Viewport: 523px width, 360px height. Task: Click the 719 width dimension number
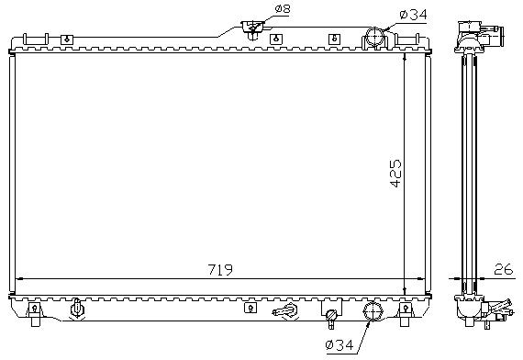(x=220, y=269)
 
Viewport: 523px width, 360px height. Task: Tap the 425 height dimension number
(x=395, y=173)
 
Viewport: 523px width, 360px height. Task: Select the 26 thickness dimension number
(x=504, y=269)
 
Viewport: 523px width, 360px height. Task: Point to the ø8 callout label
(x=283, y=9)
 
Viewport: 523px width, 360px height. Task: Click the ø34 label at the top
(x=413, y=15)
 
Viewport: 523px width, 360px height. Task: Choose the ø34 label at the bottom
(x=339, y=344)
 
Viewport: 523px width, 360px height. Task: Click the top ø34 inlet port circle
(x=375, y=36)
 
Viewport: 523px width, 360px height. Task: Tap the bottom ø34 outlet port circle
(x=373, y=311)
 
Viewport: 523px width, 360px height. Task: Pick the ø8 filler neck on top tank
(x=253, y=29)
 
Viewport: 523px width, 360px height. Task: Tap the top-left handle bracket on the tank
(x=36, y=39)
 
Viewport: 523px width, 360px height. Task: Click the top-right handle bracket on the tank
(x=406, y=39)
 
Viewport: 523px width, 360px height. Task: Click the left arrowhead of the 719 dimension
(x=19, y=278)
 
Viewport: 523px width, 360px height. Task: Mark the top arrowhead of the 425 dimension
(x=405, y=57)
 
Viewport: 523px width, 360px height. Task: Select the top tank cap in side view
(x=479, y=35)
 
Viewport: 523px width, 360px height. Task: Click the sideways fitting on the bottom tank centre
(x=284, y=311)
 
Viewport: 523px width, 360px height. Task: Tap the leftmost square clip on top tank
(x=67, y=39)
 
